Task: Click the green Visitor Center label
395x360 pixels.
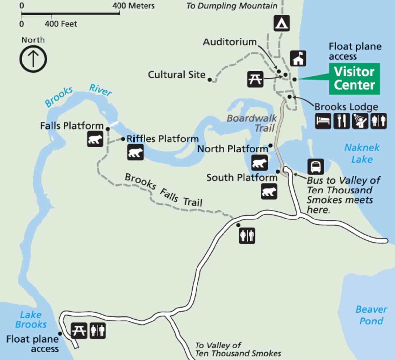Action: coord(355,79)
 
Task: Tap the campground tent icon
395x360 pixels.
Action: coord(281,23)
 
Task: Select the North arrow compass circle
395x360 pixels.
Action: coord(33,59)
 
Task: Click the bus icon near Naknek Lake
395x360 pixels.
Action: coord(315,167)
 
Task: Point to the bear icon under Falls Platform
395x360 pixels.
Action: coord(95,139)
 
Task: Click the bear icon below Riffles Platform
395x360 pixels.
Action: coord(135,152)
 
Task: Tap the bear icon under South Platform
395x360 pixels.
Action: coord(269,191)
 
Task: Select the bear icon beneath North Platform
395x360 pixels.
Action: coord(259,163)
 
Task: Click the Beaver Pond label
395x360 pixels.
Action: coord(371,315)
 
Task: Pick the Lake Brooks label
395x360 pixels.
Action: coord(31,320)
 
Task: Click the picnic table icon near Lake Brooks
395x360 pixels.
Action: coord(79,330)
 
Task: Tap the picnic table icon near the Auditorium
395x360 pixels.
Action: coord(255,79)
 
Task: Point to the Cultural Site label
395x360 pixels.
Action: coord(176,75)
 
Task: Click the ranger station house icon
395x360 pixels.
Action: coord(298,59)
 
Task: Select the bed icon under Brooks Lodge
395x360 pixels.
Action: coord(323,121)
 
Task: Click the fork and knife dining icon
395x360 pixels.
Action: coord(341,121)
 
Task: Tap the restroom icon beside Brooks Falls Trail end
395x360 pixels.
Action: coord(247,235)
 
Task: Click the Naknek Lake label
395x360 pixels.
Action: coord(362,153)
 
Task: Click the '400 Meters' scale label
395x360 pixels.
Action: coord(133,6)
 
